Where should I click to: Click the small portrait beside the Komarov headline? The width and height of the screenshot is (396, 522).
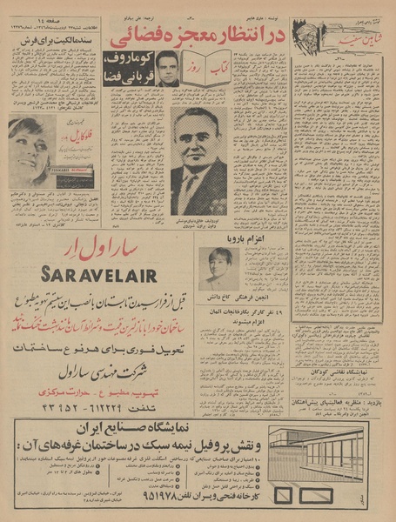167,68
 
